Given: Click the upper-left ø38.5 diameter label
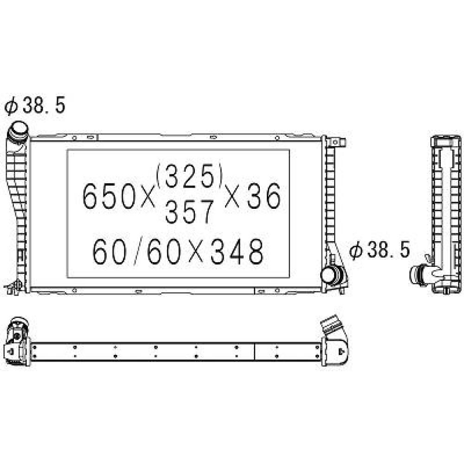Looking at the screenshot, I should pos(35,106).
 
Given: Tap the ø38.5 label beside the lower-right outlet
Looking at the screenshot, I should pos(380,251).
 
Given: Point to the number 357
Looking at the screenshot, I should pos(190,212).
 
